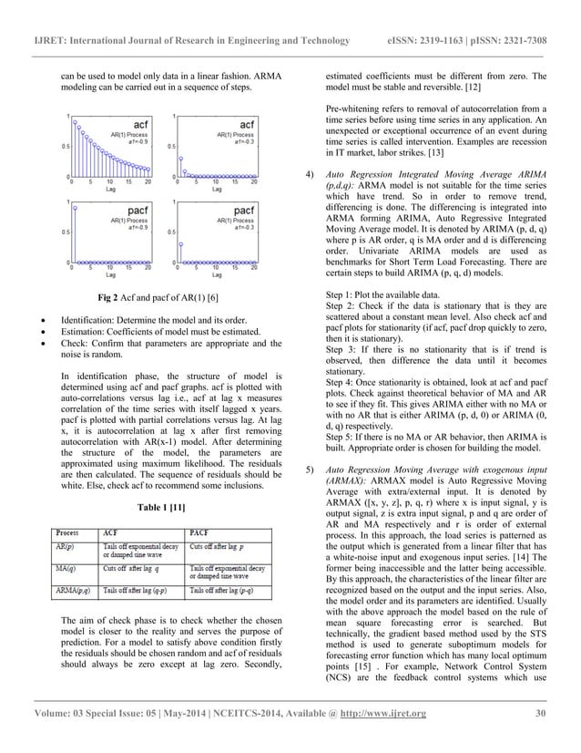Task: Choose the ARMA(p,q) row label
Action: tap(73, 592)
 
